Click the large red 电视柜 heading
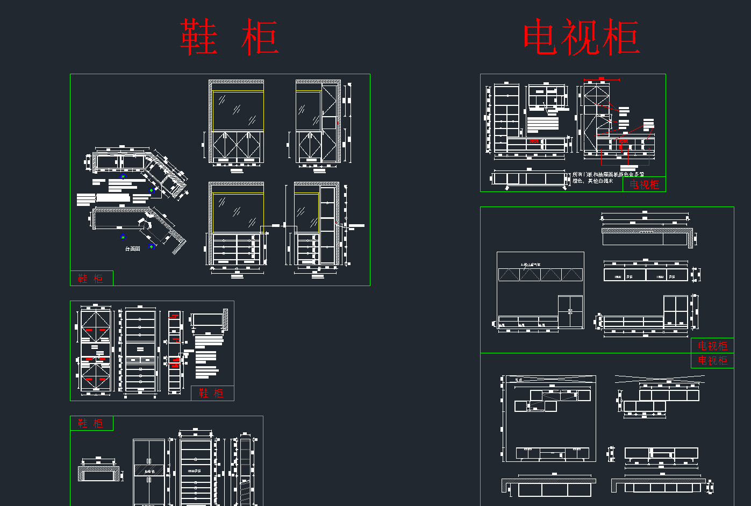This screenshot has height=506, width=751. point(581,37)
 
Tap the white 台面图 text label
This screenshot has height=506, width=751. point(133,249)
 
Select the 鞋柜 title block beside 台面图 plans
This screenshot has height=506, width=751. point(91,278)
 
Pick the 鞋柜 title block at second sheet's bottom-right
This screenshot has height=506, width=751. point(212,393)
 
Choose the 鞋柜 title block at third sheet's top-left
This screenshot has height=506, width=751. point(91,423)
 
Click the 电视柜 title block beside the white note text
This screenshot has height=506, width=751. point(644,184)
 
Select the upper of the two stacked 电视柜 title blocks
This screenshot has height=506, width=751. point(712,346)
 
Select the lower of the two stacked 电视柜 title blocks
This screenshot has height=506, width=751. point(712,360)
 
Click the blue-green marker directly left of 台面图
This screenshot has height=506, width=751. point(123,237)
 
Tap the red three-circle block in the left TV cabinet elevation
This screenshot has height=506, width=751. point(534,141)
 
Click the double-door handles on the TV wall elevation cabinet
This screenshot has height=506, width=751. point(570,311)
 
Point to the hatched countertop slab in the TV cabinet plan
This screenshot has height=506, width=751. point(645,231)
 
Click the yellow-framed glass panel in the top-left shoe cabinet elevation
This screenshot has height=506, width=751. point(238,111)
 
